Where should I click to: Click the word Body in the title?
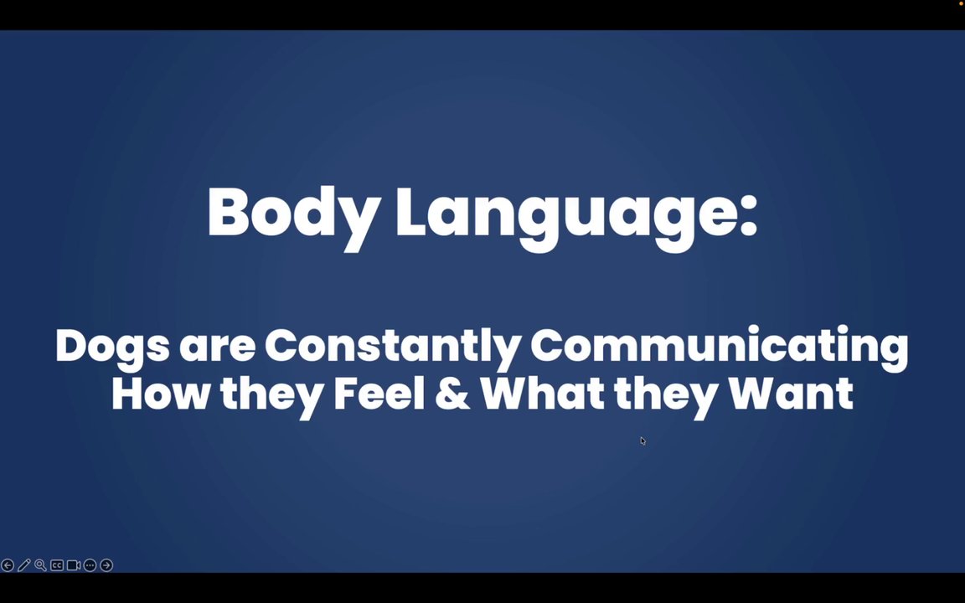coord(292,215)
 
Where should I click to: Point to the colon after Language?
coord(748,219)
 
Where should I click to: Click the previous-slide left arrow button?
coord(8,564)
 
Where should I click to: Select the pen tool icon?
coord(24,564)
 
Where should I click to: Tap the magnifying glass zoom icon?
coord(40,564)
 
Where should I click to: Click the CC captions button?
coord(57,564)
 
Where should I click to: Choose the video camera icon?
coord(73,564)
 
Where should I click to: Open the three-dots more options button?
coord(90,564)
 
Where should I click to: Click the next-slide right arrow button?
coord(106,564)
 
